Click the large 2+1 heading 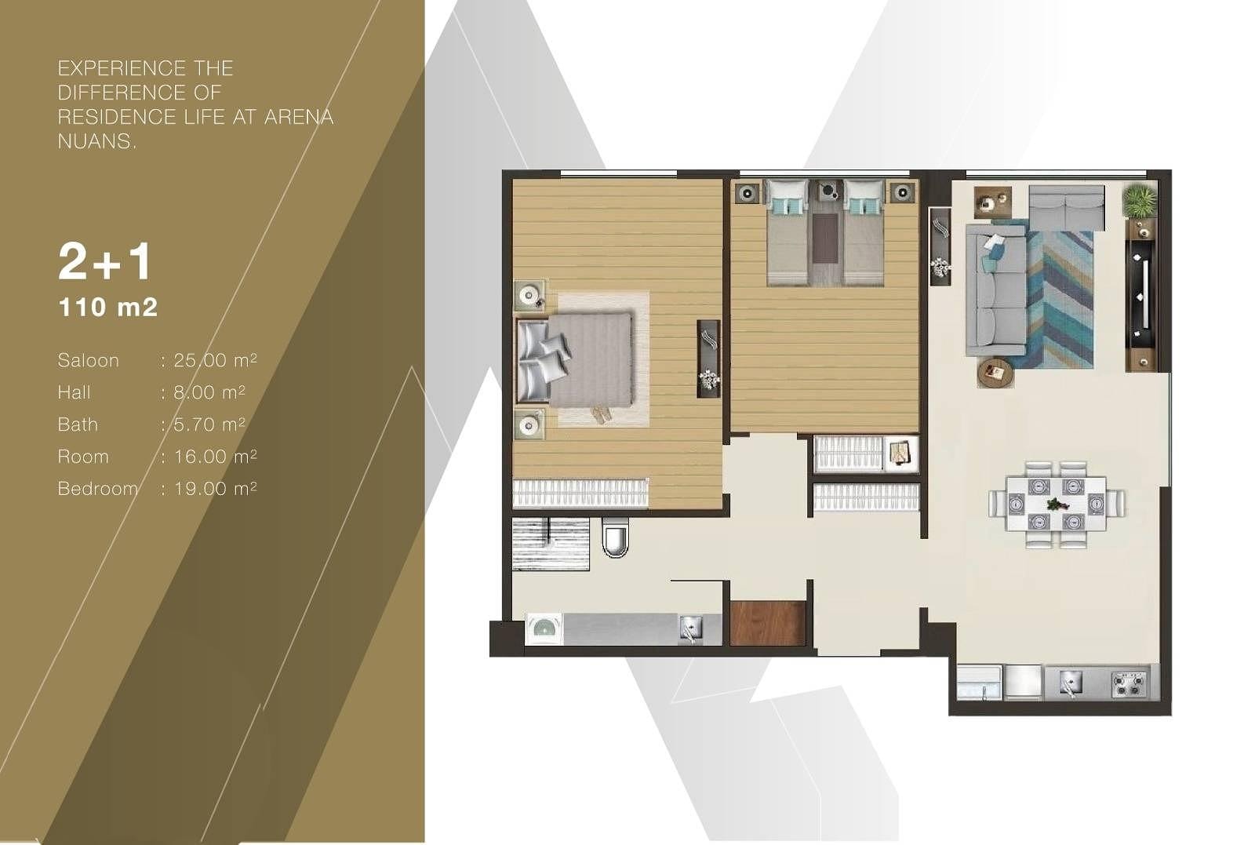[x=104, y=262]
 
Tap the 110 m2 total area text [x=107, y=307]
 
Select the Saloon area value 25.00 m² [x=215, y=360]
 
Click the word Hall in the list [x=74, y=392]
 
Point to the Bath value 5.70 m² [x=209, y=424]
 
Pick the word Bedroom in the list [x=97, y=489]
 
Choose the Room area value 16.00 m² [x=215, y=456]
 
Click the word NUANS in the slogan [x=96, y=141]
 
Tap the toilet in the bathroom [x=616, y=536]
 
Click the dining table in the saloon [x=1056, y=503]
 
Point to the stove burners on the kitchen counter [x=1129, y=684]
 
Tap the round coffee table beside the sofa [x=995, y=372]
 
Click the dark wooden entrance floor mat [x=768, y=623]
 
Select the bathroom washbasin [x=544, y=628]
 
